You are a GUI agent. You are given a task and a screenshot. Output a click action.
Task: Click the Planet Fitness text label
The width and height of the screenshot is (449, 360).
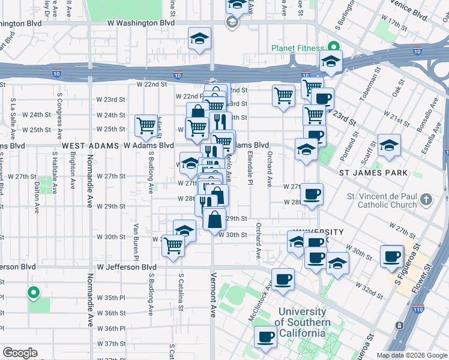click(x=297, y=48)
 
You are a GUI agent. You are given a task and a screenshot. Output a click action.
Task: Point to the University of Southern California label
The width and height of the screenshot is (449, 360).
click(x=304, y=323)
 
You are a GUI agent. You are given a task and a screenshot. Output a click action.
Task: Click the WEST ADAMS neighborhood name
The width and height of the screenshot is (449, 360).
click(x=90, y=146)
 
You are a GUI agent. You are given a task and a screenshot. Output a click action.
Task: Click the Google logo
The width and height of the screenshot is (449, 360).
click(x=20, y=353)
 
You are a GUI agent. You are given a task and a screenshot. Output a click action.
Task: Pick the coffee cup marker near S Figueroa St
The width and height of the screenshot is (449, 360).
click(x=392, y=256)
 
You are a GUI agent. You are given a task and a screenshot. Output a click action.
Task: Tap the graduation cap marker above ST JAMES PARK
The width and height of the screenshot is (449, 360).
click(x=389, y=145)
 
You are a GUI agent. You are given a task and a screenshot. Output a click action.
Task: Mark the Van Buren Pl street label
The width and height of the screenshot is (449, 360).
click(x=137, y=239)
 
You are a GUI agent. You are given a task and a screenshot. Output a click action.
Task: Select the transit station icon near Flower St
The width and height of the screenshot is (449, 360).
click(x=399, y=326)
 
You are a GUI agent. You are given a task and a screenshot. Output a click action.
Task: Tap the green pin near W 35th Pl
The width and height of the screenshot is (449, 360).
click(x=34, y=293)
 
